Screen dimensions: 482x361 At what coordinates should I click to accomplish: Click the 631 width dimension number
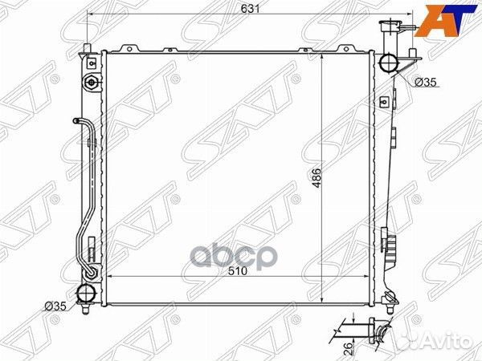coord(250,9)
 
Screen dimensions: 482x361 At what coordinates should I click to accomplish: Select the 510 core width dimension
coord(238,271)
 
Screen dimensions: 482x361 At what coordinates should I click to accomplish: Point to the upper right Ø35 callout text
coord(426,82)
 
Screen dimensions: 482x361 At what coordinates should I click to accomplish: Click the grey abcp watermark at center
coord(234,256)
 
